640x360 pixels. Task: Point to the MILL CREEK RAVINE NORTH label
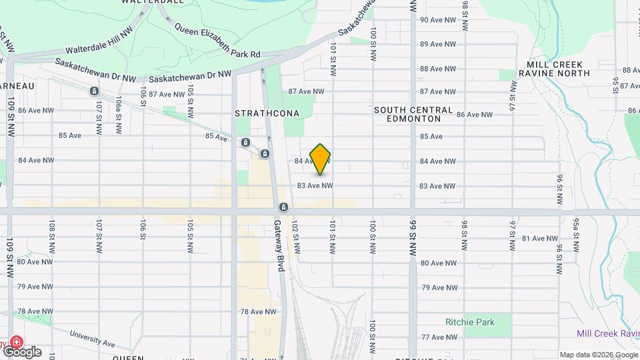tap(554, 69)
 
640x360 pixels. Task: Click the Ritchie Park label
tap(470, 322)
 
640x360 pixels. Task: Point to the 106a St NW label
tap(118, 108)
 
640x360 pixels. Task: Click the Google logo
tap(22, 351)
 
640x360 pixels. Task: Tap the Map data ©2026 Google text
tap(598, 355)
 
